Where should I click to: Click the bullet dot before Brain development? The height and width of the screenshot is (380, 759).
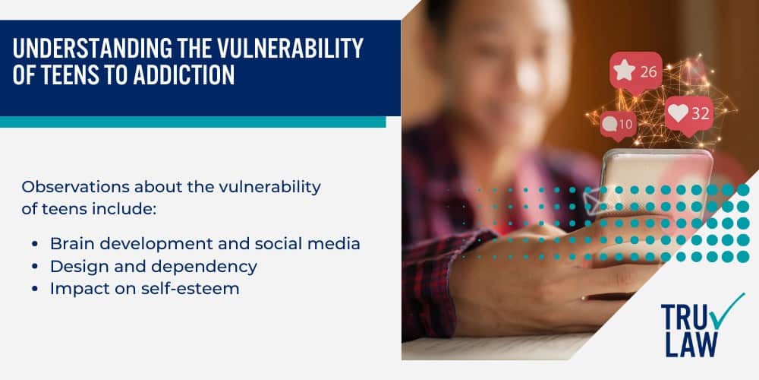click(x=36, y=245)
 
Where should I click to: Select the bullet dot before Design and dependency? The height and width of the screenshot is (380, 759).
click(x=36, y=267)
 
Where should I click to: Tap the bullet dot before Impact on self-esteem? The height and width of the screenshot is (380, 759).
click(x=36, y=289)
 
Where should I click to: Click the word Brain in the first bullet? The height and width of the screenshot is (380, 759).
click(x=69, y=244)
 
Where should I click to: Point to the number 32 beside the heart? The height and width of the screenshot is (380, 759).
click(x=700, y=115)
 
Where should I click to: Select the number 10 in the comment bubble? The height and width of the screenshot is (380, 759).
click(x=625, y=124)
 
